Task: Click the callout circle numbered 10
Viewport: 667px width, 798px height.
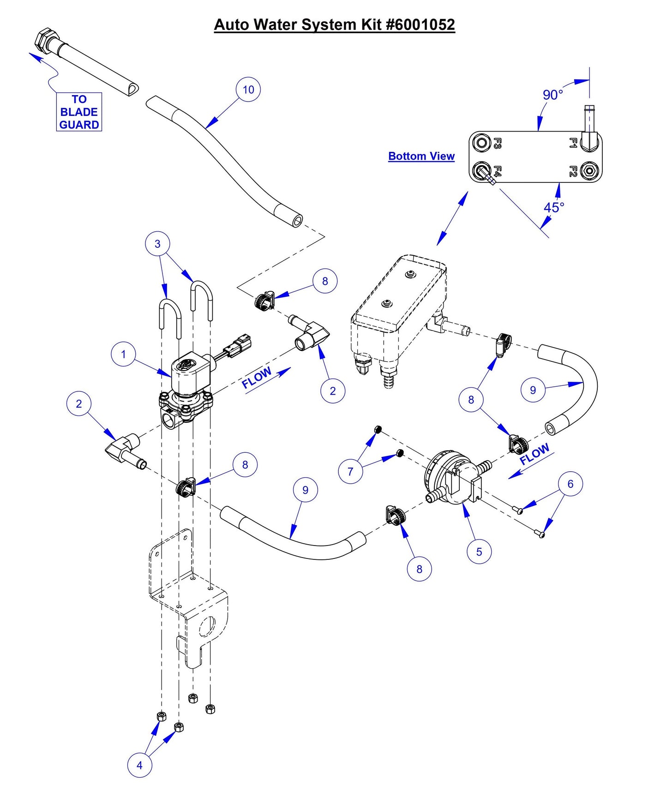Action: (x=248, y=90)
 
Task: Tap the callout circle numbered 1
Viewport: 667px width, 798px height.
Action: (x=123, y=354)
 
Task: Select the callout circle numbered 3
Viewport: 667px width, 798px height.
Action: (x=157, y=244)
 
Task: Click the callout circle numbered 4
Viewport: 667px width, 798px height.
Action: (x=139, y=765)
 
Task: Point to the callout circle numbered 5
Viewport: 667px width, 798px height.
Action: (x=479, y=552)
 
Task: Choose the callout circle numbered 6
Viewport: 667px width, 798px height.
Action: (x=570, y=484)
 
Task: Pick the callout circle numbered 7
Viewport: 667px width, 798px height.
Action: (x=350, y=471)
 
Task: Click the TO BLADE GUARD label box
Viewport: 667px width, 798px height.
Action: (x=79, y=112)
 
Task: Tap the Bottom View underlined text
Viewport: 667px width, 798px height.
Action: (x=421, y=156)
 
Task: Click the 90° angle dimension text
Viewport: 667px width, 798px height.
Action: (x=553, y=95)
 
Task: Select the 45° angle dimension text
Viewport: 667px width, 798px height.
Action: (x=553, y=207)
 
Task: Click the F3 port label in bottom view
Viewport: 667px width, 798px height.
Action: (x=497, y=143)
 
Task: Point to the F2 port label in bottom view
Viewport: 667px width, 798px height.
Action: (x=573, y=171)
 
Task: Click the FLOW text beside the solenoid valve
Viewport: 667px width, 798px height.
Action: (x=257, y=378)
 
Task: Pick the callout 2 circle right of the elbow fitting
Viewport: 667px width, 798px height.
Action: (x=333, y=390)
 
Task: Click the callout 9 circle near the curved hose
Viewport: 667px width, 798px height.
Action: (x=533, y=390)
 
